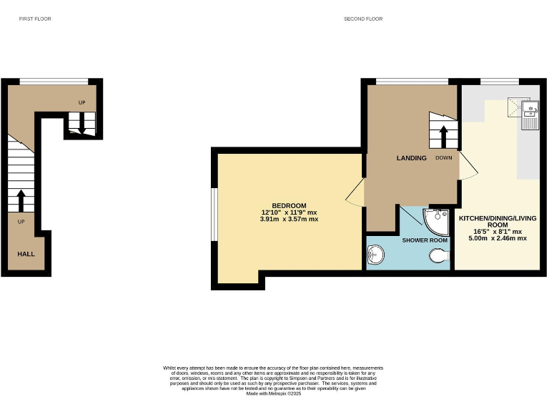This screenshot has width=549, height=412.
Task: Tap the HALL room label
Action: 26,253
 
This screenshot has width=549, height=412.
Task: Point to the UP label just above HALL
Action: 21,222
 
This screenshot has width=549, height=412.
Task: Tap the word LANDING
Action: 412,158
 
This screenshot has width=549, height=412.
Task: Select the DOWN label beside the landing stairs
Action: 444,158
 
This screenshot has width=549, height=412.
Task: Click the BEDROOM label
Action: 289,206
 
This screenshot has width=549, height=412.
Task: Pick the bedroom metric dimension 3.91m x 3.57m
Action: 290,220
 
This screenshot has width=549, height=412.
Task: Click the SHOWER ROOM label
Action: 425,240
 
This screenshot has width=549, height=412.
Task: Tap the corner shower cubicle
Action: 435,220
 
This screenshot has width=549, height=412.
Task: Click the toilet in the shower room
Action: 437,255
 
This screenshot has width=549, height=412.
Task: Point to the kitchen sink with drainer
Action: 530,115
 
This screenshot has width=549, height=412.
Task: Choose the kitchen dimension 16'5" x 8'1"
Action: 498,232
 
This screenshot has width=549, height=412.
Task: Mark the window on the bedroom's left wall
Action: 212,215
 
